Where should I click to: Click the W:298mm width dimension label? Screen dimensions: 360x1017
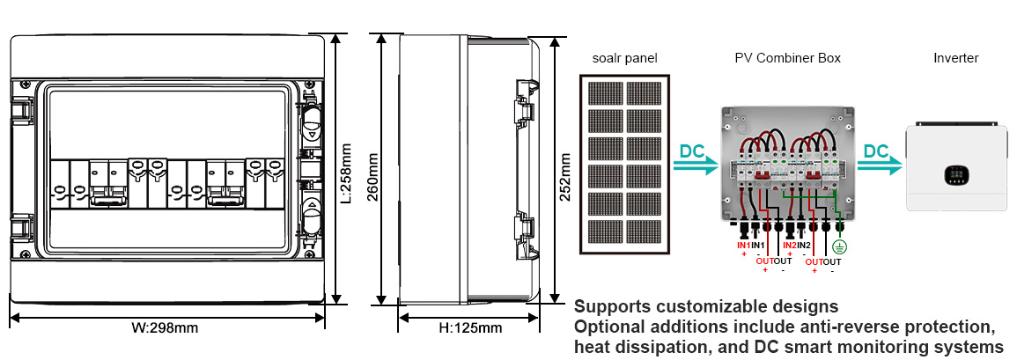(166, 328)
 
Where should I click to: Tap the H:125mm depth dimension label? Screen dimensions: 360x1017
(470, 328)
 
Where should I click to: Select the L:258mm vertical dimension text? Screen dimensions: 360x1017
(347, 173)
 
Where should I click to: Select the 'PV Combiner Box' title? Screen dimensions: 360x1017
(787, 58)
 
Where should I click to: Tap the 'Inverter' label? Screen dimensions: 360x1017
(955, 58)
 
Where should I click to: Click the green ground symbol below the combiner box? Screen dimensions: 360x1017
(840, 249)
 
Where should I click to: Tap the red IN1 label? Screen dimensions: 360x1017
(744, 245)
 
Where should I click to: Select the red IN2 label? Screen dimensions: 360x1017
(790, 245)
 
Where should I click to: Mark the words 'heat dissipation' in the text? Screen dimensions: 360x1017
(641, 347)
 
